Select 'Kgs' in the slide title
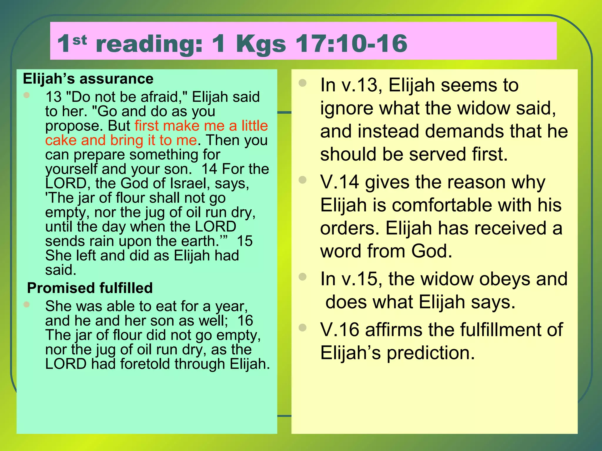point(260,44)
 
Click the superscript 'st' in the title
point(80,40)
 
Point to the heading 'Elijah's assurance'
point(88,79)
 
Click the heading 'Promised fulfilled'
point(90,288)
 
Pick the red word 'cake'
point(60,140)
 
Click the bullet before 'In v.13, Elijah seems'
point(302,83)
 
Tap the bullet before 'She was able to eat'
point(27,304)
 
